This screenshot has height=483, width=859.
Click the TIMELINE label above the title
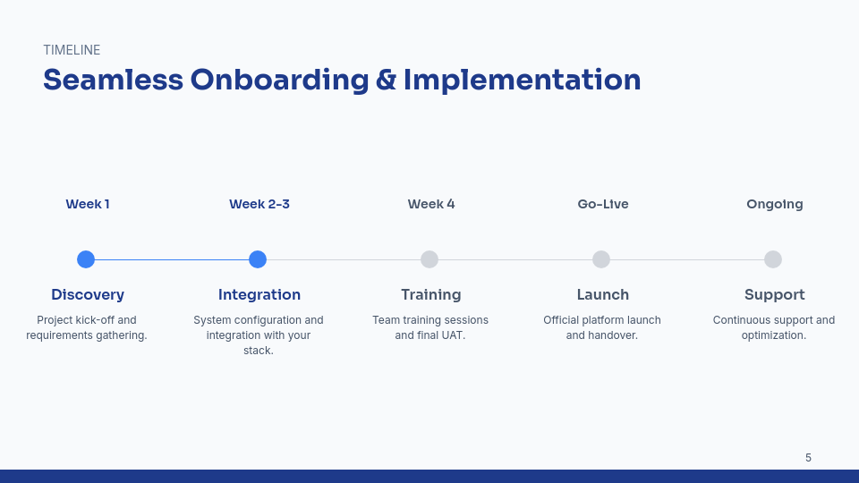tap(72, 50)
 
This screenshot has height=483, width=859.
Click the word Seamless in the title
tap(113, 80)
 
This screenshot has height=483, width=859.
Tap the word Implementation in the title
tap(522, 80)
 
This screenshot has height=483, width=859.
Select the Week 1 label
tap(88, 204)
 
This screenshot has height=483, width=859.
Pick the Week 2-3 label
tap(259, 204)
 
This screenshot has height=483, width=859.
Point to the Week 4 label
tap(431, 204)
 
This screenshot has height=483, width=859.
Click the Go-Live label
tap(603, 204)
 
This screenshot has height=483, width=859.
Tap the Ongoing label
tap(775, 204)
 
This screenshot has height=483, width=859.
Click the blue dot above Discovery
tap(86, 259)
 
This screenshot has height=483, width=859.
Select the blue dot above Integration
tap(258, 259)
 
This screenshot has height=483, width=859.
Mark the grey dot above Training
tap(429, 259)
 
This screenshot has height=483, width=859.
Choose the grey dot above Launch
tap(601, 259)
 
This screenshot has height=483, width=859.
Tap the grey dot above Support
tap(773, 259)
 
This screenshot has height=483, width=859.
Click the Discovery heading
tap(88, 294)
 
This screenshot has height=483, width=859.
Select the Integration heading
tap(259, 294)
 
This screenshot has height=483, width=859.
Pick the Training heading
tap(431, 294)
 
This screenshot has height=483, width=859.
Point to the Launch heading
tap(603, 294)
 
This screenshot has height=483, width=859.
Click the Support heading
tap(775, 294)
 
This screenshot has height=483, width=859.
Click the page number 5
tap(808, 458)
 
